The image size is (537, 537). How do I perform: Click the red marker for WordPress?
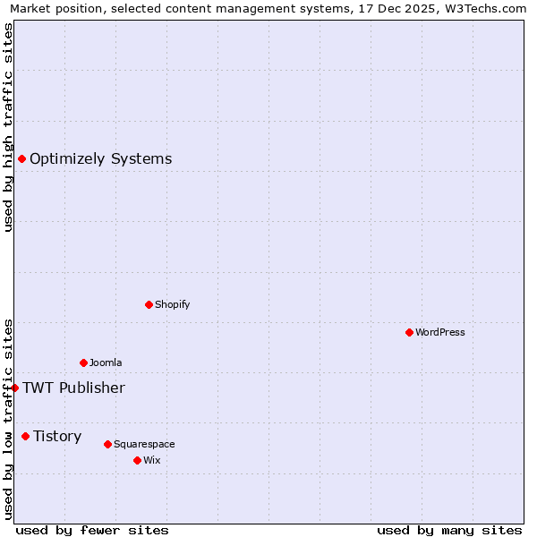click(409, 332)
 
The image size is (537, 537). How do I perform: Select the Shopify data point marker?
click(149, 304)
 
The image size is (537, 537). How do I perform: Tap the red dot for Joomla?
click(83, 362)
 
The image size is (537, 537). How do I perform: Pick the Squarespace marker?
click(107, 444)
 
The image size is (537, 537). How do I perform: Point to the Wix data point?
click(137, 460)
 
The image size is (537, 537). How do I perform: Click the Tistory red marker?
click(25, 436)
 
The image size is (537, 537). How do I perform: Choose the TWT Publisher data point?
click(14, 388)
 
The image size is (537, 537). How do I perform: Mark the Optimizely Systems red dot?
click(21, 158)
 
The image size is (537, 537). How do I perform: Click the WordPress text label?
click(440, 332)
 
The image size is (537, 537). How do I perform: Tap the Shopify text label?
click(173, 304)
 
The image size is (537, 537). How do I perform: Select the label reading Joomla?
click(106, 362)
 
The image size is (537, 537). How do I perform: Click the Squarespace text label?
click(144, 444)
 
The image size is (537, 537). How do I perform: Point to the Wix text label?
click(151, 460)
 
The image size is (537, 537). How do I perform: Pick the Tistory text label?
click(57, 436)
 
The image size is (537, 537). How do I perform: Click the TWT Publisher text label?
click(73, 388)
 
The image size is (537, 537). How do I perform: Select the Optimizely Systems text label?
click(100, 158)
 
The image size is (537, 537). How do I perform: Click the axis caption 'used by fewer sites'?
click(92, 530)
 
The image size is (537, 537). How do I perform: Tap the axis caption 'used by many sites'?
click(449, 530)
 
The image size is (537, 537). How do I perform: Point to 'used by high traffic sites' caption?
click(9, 127)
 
